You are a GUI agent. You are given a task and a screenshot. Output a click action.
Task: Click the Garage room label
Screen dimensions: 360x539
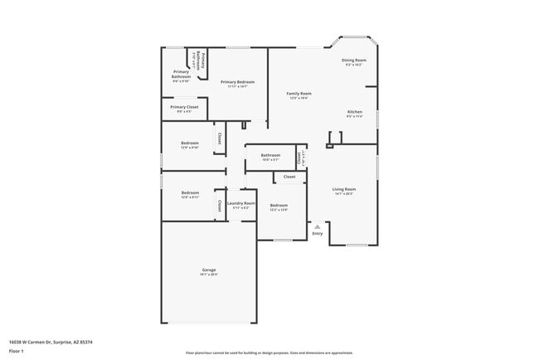[x=209, y=270]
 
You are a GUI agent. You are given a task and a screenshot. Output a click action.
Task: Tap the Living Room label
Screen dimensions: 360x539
[x=344, y=189]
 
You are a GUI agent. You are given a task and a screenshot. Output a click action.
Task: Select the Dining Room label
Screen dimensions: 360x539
[x=354, y=61]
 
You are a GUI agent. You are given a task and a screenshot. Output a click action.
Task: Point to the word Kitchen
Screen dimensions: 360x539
[x=355, y=112]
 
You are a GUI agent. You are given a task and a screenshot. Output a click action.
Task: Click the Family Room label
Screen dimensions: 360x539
[x=299, y=94]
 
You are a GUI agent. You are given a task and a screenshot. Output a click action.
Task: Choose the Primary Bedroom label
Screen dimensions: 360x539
[x=237, y=82]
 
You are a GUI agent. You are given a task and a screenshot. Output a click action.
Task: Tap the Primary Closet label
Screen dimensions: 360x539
[x=184, y=107]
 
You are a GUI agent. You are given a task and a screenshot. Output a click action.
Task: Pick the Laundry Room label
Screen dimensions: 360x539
[x=241, y=203]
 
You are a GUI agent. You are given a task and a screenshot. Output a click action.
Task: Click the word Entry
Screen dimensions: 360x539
[x=318, y=233]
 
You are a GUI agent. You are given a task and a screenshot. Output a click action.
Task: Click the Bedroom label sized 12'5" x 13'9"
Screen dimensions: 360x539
[x=279, y=205]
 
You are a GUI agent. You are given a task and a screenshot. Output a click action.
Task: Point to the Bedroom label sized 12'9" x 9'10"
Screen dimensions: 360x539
[x=190, y=144]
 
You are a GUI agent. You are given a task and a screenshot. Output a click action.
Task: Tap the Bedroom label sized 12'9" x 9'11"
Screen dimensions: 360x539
[x=190, y=193]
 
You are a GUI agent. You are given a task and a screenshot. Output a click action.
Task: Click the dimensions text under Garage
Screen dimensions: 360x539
[x=209, y=275]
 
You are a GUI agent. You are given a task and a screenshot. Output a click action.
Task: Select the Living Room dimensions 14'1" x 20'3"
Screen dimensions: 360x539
[x=344, y=194]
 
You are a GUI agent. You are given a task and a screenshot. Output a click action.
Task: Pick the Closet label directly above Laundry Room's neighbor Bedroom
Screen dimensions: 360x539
[x=289, y=177]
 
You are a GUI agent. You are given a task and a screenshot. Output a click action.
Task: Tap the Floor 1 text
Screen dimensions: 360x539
[x=17, y=350]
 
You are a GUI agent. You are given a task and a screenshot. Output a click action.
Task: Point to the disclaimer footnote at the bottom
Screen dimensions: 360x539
[x=269, y=353]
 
